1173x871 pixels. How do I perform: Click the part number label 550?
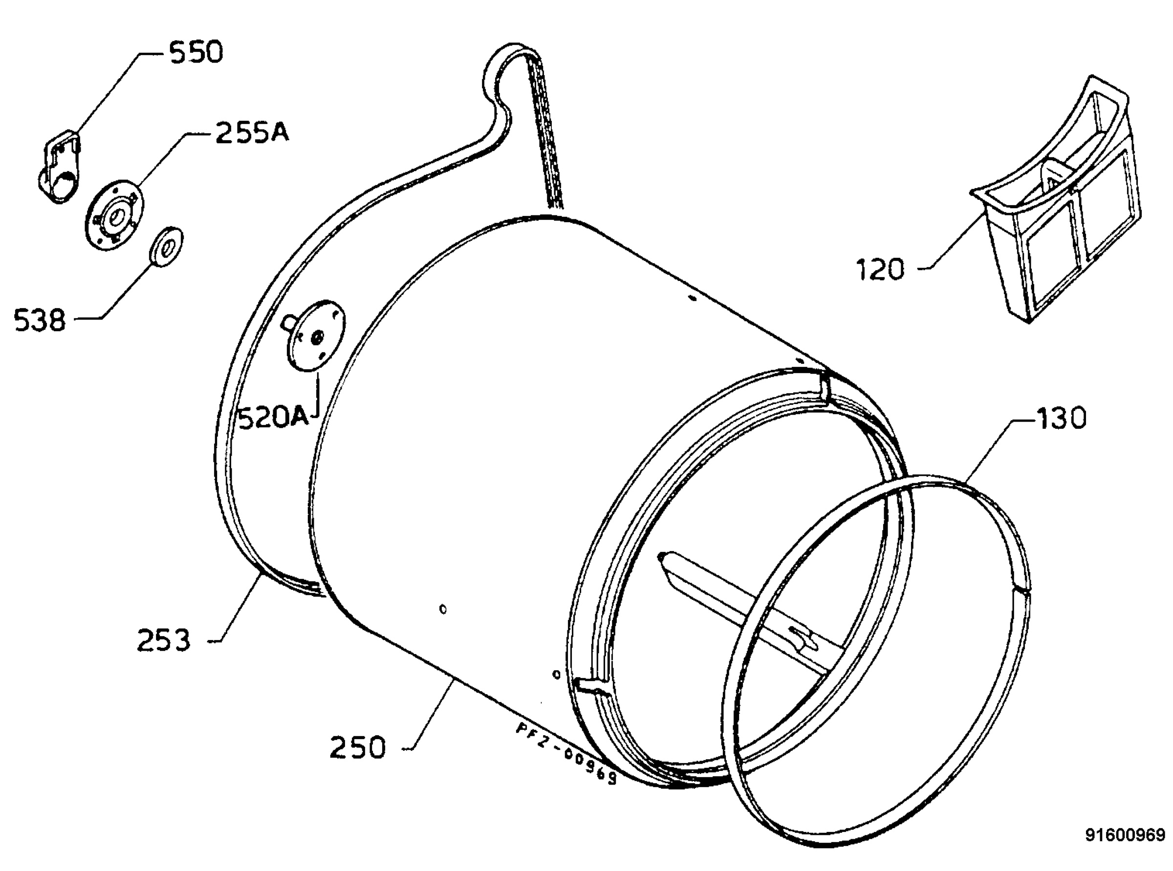coord(196,53)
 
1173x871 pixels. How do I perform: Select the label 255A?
coord(253,133)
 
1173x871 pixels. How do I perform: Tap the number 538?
coord(40,320)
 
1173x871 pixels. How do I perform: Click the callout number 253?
coord(164,641)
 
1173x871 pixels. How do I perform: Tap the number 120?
coord(880,270)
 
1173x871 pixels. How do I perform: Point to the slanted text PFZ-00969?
coord(566,754)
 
